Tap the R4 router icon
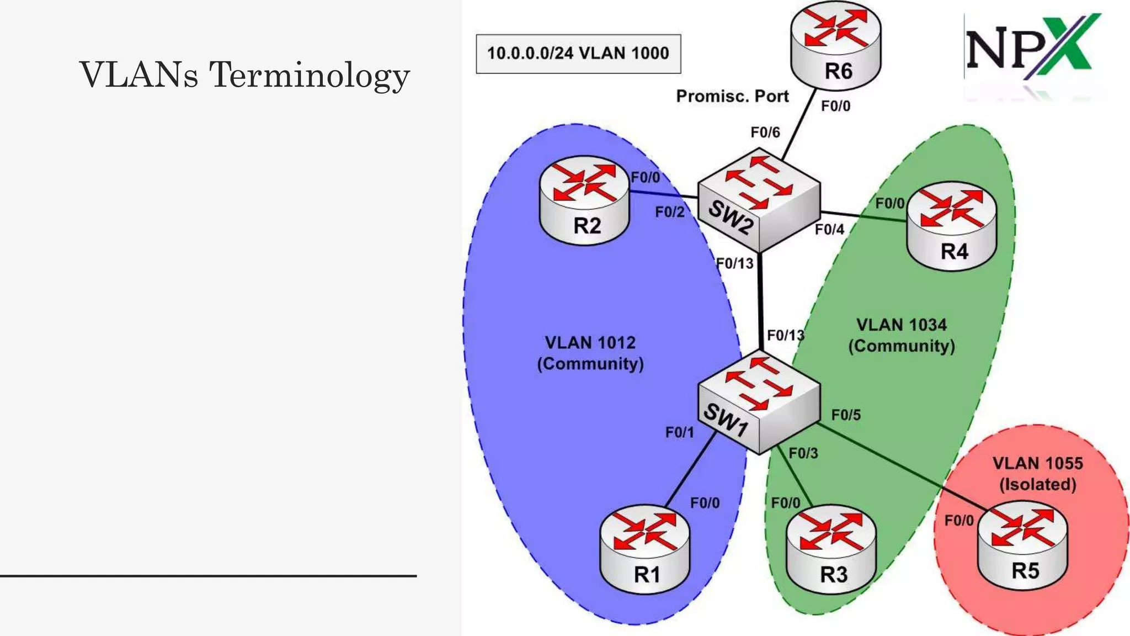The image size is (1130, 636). [x=952, y=227]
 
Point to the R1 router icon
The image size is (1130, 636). [x=644, y=549]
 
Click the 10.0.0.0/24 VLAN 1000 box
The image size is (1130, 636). [x=578, y=54]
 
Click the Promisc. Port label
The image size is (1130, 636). [x=732, y=96]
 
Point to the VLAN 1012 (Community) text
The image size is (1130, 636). [x=590, y=353]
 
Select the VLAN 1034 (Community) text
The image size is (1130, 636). [x=902, y=335]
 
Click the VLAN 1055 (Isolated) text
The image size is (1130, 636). [x=1037, y=474]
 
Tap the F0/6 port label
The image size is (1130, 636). [x=765, y=132]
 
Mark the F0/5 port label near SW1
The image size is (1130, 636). [x=846, y=415]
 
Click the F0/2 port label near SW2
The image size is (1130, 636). [x=670, y=212]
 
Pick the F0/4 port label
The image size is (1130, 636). [x=829, y=229]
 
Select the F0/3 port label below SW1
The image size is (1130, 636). [x=803, y=454]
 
